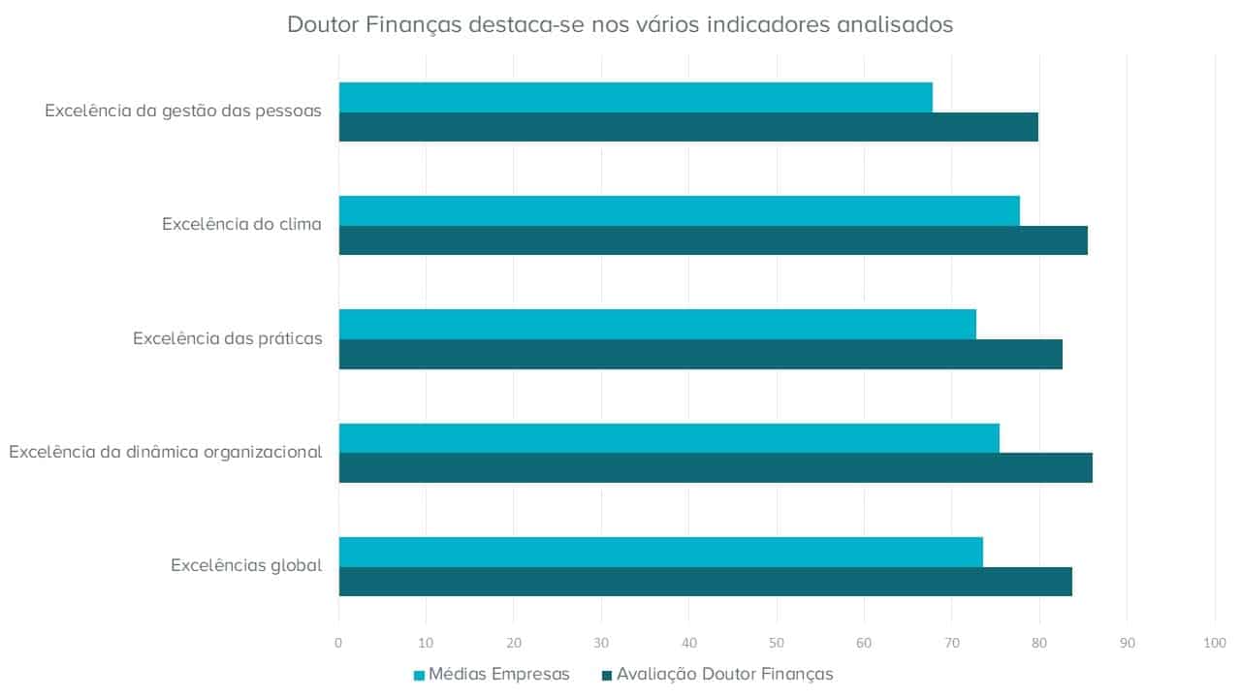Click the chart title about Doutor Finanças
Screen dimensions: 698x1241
pyautogui.click(x=620, y=24)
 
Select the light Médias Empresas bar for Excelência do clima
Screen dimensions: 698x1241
pyautogui.click(x=679, y=210)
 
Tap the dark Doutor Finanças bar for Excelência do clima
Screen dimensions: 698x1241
pyautogui.click(x=713, y=240)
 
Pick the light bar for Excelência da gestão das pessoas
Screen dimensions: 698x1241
pyautogui.click(x=635, y=97)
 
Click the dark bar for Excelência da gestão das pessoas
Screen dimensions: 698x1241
pyautogui.click(x=688, y=127)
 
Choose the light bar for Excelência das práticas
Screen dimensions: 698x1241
pyautogui.click(x=657, y=324)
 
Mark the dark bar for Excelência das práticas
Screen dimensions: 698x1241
pyautogui.click(x=700, y=354)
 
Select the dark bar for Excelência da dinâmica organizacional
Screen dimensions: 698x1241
pyautogui.click(x=716, y=467)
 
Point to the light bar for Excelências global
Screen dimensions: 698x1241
pyautogui.click(x=660, y=551)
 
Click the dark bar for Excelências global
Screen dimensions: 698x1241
pyautogui.click(x=705, y=581)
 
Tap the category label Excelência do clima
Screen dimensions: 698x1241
pyautogui.click(x=241, y=225)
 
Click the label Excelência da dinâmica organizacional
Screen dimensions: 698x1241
pyautogui.click(x=165, y=452)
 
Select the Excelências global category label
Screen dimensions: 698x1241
pyautogui.click(x=246, y=565)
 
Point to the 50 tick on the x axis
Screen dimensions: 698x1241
pyautogui.click(x=777, y=643)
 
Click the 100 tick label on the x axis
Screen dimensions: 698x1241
pyautogui.click(x=1214, y=643)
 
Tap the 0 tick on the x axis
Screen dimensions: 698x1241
pyautogui.click(x=338, y=643)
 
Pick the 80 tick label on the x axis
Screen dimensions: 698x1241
pyautogui.click(x=1039, y=643)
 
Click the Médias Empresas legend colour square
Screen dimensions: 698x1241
pyautogui.click(x=419, y=675)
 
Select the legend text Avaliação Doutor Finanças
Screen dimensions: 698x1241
pyautogui.click(x=724, y=674)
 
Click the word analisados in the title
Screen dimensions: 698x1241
pyautogui.click(x=893, y=24)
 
